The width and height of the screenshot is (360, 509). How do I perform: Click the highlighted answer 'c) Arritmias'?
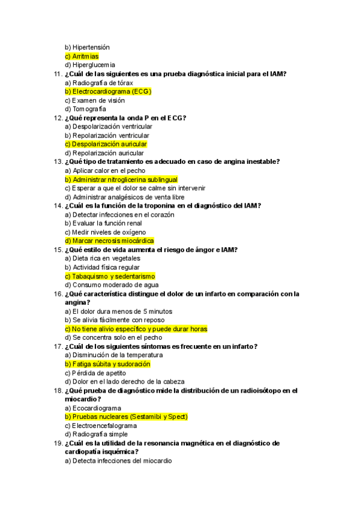pos(82,56)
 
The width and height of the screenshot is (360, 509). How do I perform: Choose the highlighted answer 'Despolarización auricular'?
pos(106,144)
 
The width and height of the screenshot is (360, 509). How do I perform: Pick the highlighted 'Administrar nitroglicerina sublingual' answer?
pos(121,179)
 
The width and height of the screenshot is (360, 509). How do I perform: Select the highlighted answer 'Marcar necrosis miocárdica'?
pos(109,241)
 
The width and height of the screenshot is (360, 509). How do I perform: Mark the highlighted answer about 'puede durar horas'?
pos(136,329)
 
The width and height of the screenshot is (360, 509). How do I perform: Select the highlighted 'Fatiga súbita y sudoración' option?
pos(107,364)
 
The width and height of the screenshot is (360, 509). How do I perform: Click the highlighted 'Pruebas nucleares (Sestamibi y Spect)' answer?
pos(127,417)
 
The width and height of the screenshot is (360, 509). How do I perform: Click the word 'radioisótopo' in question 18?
pos(259,391)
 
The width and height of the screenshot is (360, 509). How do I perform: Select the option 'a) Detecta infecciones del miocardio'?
pos(118,461)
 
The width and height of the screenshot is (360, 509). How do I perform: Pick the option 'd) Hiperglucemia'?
pos(90,65)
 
